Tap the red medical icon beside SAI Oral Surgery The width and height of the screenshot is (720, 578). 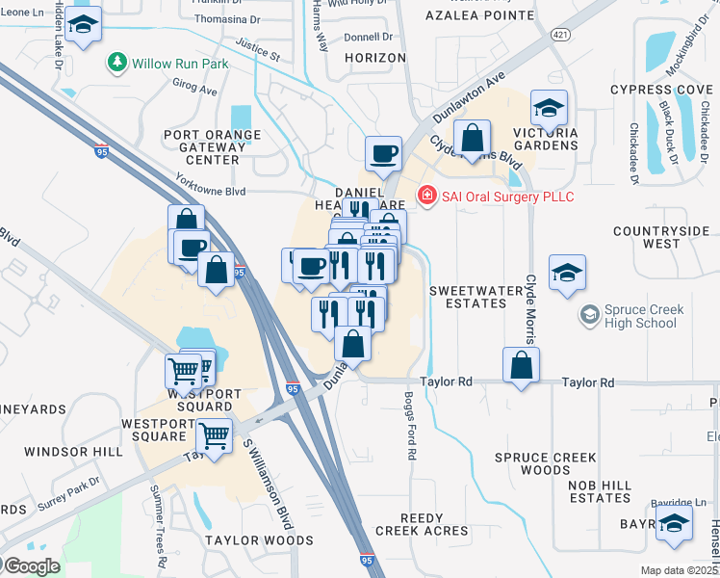coord(426,197)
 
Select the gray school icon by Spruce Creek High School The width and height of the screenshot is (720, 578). coord(588,314)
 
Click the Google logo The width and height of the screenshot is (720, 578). coord(31,566)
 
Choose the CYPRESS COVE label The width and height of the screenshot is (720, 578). coord(660,90)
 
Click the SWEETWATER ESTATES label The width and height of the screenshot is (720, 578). coord(468,297)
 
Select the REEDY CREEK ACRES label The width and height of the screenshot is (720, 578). coord(421,524)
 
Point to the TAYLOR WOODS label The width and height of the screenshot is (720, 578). coord(259,540)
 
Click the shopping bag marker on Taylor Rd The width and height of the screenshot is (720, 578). coord(521,366)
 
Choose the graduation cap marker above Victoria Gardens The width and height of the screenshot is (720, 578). coord(549,108)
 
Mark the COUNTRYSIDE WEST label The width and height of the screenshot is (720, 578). coord(660,238)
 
